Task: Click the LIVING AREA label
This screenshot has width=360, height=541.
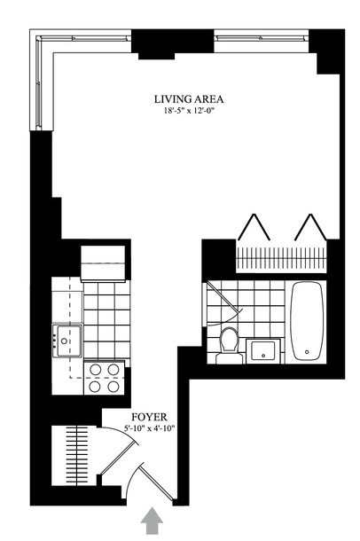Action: [189, 99]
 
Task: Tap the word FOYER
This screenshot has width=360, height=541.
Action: [149, 418]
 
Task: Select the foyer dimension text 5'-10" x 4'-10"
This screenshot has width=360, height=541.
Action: [150, 429]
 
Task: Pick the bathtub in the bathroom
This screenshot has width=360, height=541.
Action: [307, 321]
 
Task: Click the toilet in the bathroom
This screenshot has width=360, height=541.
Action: [229, 345]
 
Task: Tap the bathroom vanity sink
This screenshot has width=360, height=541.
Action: [263, 350]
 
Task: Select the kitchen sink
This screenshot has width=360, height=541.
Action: [67, 341]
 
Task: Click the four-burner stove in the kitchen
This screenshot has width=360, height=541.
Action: [104, 378]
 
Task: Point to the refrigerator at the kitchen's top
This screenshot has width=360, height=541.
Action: [103, 263]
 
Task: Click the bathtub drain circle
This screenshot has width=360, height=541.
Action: [307, 352]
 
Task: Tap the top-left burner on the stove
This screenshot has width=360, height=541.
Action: [95, 370]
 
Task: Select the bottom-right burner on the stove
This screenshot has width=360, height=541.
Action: [113, 387]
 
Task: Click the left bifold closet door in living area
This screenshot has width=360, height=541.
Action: [254, 227]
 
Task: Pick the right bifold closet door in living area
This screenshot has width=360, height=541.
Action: [310, 227]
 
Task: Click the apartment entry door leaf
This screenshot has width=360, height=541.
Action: [156, 482]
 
